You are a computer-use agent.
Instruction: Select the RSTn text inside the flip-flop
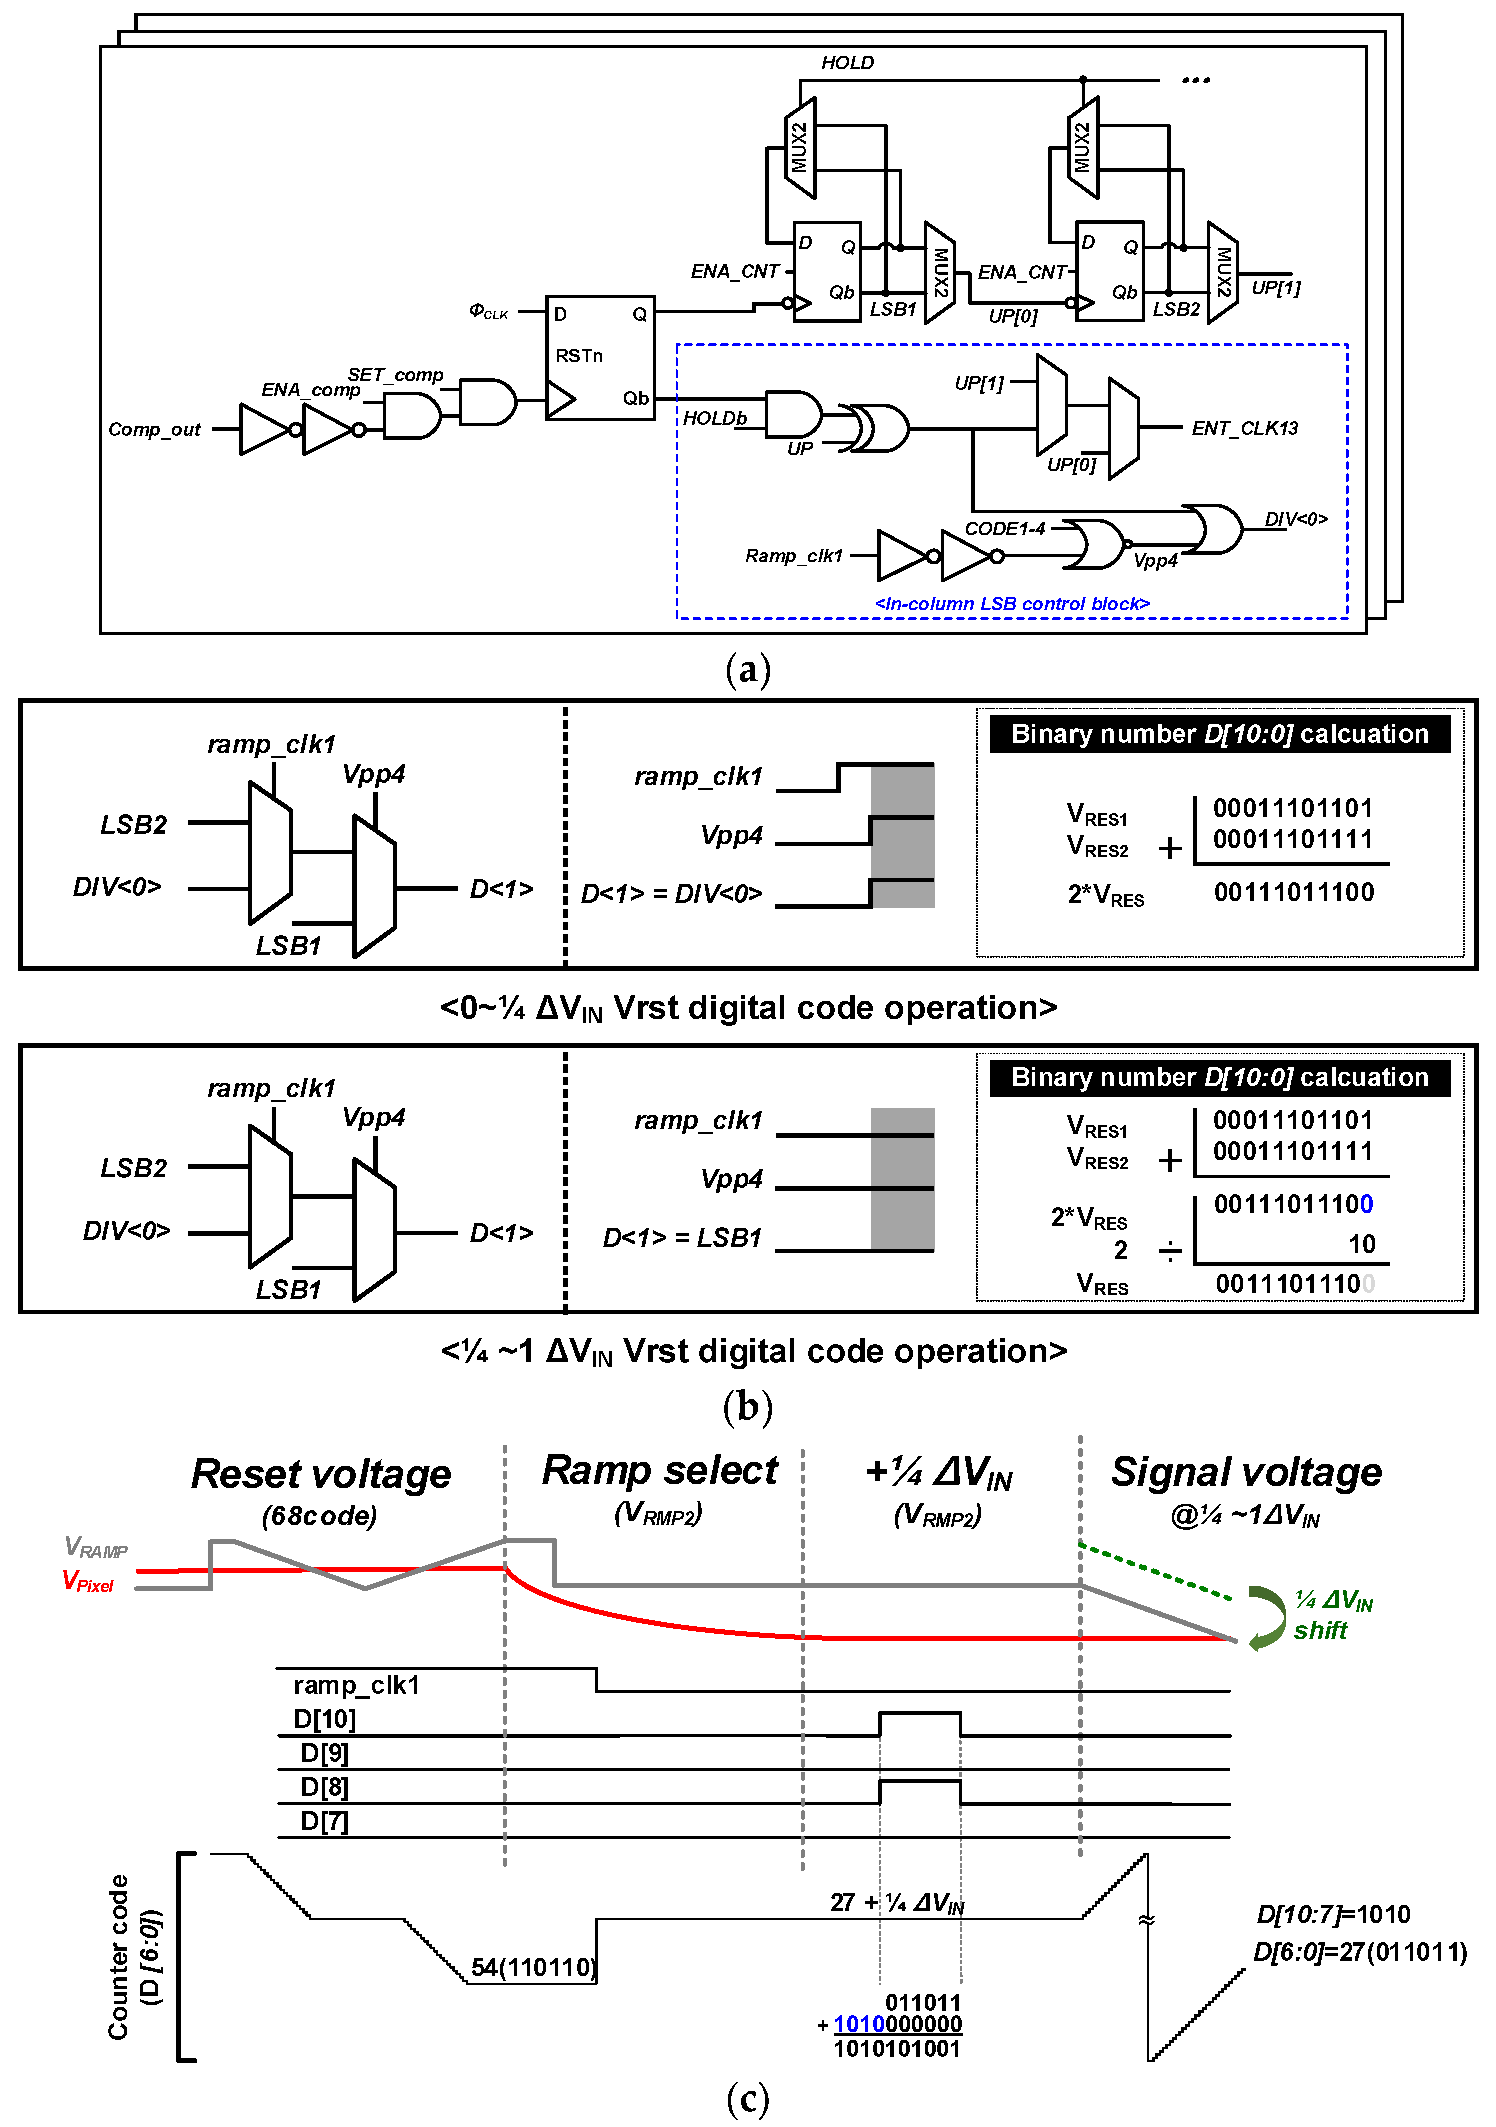coord(579,356)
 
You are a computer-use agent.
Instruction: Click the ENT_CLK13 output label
coord(1244,428)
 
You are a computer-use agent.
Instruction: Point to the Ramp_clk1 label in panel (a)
coord(794,556)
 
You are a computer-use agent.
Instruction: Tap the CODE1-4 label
coord(1005,529)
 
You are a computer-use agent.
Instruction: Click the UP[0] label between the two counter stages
coord(1012,317)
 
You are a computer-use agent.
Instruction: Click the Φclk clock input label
coord(488,311)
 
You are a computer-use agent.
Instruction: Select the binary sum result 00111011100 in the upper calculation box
coord(1293,892)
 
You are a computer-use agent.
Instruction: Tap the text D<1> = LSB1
coord(682,1237)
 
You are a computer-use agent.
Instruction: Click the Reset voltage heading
coord(320,1474)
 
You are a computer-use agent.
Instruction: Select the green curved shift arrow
coord(1265,1617)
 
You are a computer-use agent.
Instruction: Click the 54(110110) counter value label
coord(533,1967)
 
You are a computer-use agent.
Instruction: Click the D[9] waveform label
coord(324,1753)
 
